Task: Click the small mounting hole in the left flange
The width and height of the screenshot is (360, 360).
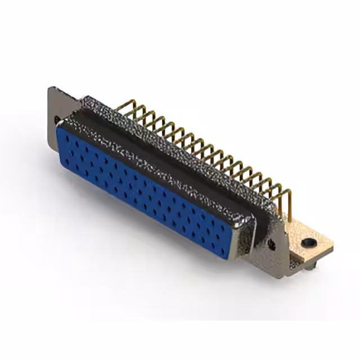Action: click(57, 119)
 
